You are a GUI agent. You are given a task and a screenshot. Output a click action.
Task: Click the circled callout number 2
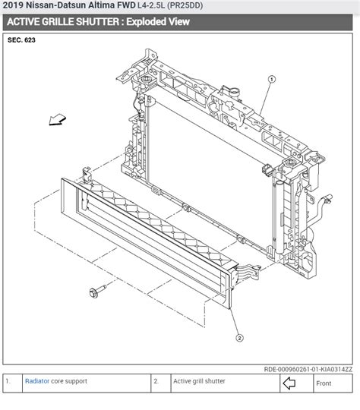(239, 338)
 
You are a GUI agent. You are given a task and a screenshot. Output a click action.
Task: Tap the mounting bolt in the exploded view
(94, 292)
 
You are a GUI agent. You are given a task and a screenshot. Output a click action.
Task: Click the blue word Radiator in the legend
(37, 383)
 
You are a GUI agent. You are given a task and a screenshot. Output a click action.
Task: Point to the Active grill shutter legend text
(199, 383)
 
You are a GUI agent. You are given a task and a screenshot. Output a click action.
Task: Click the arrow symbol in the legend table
(289, 383)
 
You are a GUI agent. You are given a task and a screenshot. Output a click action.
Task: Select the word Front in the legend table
(324, 383)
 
